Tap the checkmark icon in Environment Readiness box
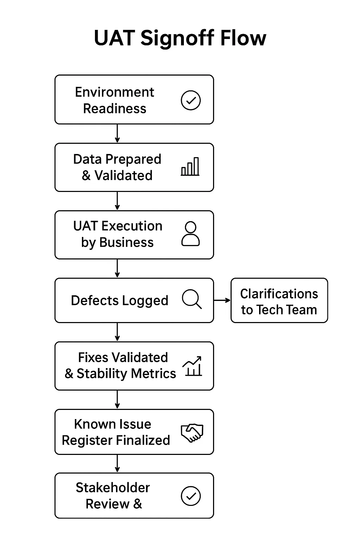tap(191, 100)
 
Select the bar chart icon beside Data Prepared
tap(190, 166)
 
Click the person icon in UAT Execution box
tap(191, 233)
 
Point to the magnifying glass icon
tap(192, 299)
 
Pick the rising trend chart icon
tap(192, 366)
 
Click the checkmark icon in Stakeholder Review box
tap(191, 496)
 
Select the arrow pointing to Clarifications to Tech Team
tap(222, 300)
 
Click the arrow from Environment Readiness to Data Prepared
tap(117, 134)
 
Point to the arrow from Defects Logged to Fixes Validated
tap(117, 332)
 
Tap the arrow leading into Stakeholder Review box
tap(117, 463)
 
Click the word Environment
tap(115, 92)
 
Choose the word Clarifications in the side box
tap(279, 294)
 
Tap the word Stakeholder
tap(113, 488)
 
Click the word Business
tap(126, 242)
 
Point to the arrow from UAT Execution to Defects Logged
tap(117, 268)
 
